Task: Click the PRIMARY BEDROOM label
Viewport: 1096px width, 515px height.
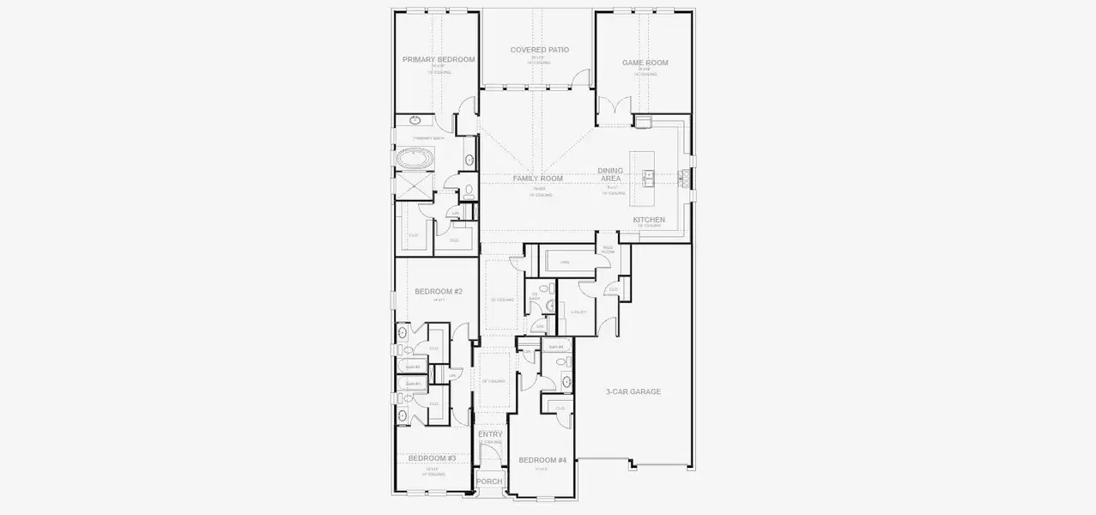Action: coord(439,59)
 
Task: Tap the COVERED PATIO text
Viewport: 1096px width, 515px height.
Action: coord(539,50)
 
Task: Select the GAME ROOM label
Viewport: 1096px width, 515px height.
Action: coord(645,63)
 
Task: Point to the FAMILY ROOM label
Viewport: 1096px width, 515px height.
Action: coord(538,179)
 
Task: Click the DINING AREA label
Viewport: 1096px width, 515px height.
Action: coord(610,174)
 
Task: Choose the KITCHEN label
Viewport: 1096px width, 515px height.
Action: coord(649,220)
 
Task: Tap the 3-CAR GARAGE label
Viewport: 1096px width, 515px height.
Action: coord(633,391)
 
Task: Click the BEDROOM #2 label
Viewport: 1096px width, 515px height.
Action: coord(439,292)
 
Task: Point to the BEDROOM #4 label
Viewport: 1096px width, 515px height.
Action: coord(542,461)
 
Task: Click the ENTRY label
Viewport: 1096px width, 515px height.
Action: coord(490,434)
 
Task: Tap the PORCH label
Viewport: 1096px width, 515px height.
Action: coord(489,482)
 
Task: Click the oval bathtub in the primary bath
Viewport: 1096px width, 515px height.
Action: coord(415,159)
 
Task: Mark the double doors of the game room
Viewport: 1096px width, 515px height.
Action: coord(613,110)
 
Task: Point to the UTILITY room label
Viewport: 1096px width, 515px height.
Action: coord(578,312)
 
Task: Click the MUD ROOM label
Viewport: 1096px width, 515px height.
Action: coord(608,250)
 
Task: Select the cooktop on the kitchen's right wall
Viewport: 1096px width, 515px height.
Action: coord(685,178)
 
